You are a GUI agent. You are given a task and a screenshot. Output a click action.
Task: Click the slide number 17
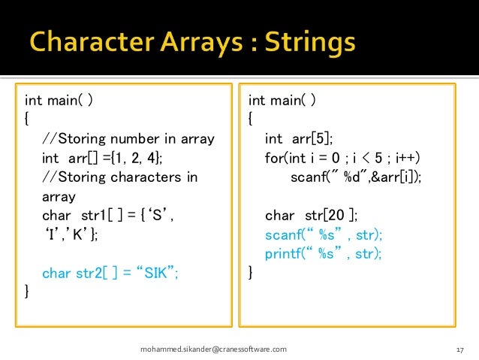461,350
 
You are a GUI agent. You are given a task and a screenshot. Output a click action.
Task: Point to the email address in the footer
214,349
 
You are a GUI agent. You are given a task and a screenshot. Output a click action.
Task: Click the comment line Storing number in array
128,138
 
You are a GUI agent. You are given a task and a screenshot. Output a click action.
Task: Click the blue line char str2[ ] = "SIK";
110,273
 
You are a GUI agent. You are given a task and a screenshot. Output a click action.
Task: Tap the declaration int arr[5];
298,138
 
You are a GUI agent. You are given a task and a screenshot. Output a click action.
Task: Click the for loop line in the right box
342,158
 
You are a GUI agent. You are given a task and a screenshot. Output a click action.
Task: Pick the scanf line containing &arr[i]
355,177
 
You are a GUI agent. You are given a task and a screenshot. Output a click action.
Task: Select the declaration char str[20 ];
309,216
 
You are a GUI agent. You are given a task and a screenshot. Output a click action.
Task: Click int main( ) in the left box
59,100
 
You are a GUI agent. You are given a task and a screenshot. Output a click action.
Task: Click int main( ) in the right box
282,100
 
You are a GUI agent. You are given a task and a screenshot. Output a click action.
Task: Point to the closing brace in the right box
251,273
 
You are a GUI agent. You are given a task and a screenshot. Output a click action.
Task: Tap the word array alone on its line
59,196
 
